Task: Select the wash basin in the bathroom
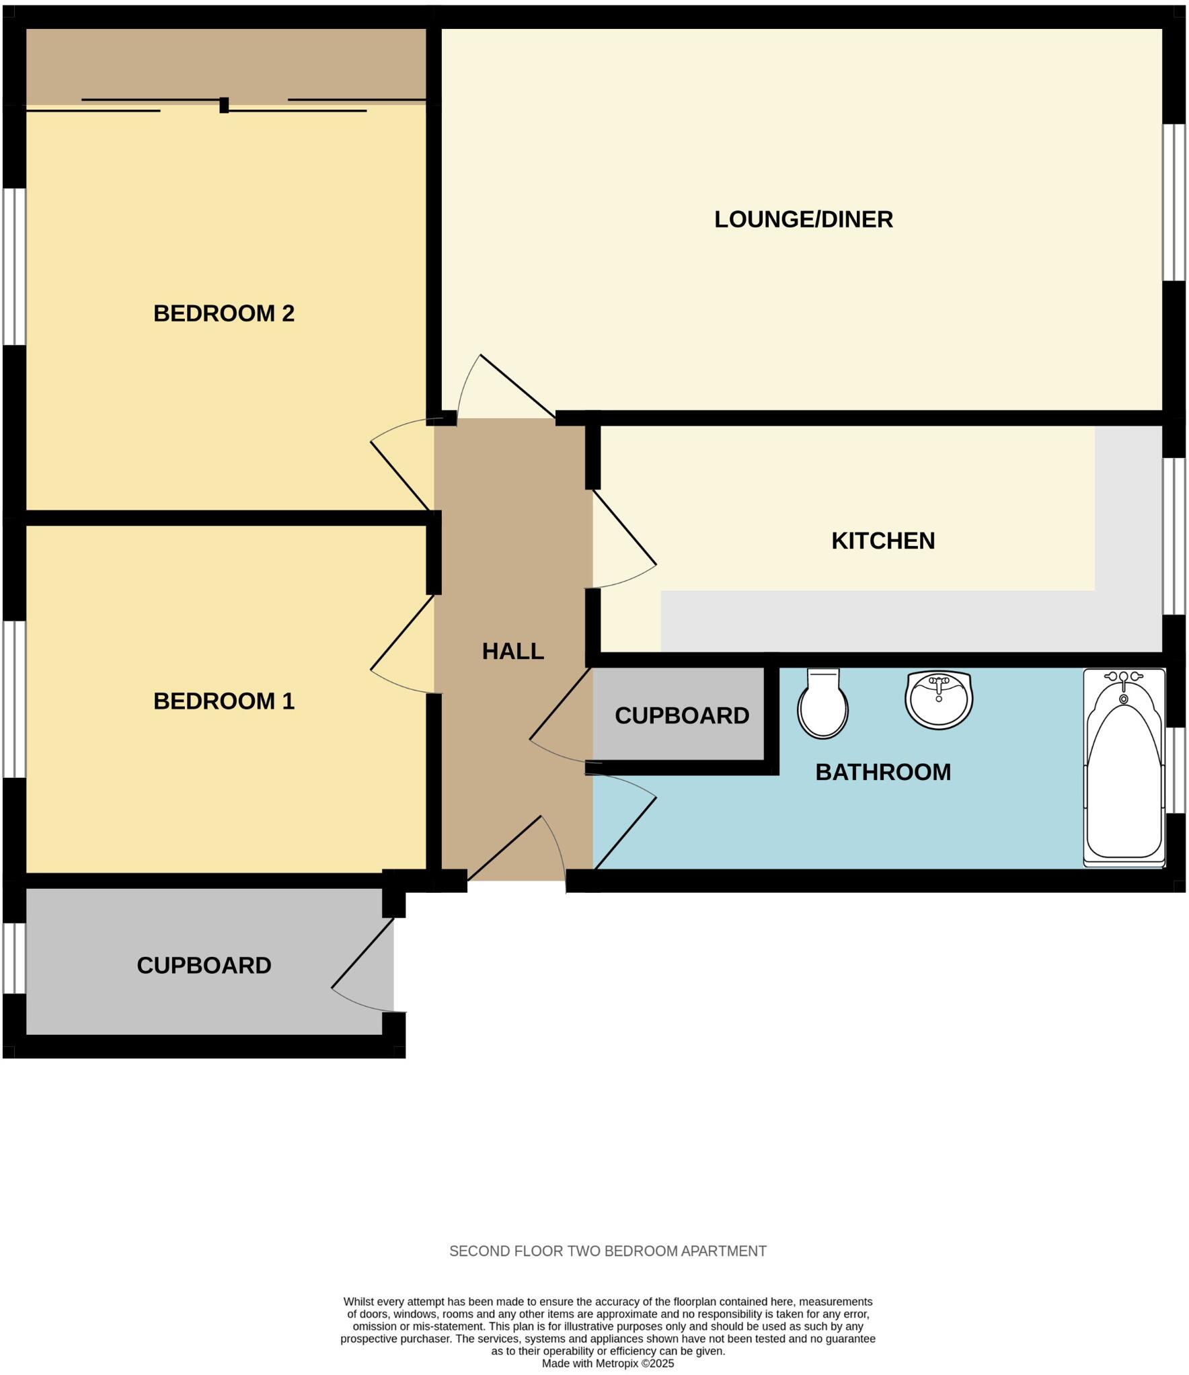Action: pyautogui.click(x=939, y=700)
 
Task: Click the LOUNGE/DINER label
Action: pyautogui.click(x=803, y=220)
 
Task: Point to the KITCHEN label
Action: pyautogui.click(x=882, y=541)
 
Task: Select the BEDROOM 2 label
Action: pyautogui.click(x=224, y=313)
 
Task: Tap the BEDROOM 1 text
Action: pyautogui.click(x=224, y=701)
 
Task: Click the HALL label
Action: pyautogui.click(x=512, y=652)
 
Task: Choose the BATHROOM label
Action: pyautogui.click(x=882, y=773)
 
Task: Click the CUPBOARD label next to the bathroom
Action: pyautogui.click(x=681, y=716)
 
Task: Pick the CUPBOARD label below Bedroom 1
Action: pyautogui.click(x=204, y=966)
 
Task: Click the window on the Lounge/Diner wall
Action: pyautogui.click(x=1174, y=202)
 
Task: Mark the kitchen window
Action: pyautogui.click(x=1174, y=536)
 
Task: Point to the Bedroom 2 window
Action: pyautogui.click(x=14, y=266)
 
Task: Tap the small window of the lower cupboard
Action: pyautogui.click(x=14, y=957)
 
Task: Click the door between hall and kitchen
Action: pyautogui.click(x=624, y=527)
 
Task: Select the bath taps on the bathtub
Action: pyautogui.click(x=1123, y=679)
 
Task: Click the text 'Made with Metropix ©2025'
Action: pyautogui.click(x=607, y=1364)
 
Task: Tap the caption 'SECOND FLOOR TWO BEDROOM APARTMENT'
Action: pyautogui.click(x=607, y=1251)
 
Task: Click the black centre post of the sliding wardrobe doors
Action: pyautogui.click(x=224, y=105)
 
